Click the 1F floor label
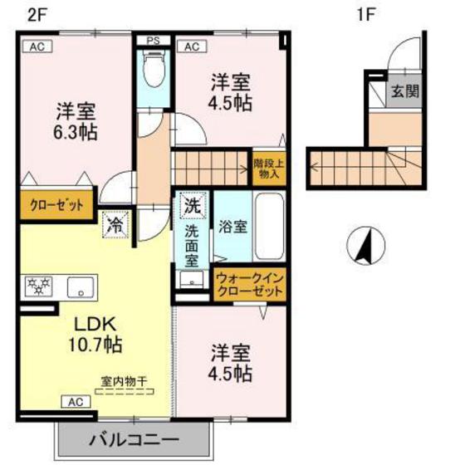tap(365, 14)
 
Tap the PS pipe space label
tap(153, 40)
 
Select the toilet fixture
tap(152, 71)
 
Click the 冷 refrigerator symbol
tap(115, 224)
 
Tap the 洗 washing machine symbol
tap(192, 203)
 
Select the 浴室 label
tap(232, 227)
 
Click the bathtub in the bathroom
tap(269, 225)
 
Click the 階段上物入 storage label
tap(269, 169)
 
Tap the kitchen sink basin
tap(80, 286)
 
